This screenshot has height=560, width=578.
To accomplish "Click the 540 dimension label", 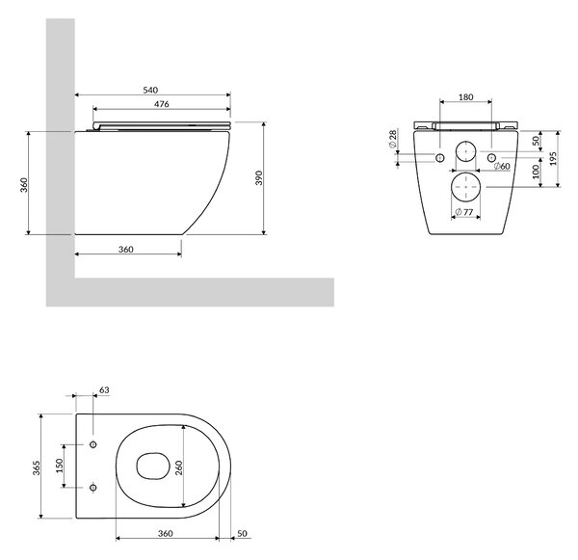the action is tap(150, 90).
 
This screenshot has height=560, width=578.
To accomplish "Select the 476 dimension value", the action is tap(162, 104).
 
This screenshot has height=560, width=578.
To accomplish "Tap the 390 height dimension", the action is tap(259, 177).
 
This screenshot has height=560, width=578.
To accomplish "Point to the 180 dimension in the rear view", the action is tap(466, 97).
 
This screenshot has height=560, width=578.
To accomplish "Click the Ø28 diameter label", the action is tap(393, 139).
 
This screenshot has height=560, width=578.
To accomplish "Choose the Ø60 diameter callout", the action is tap(502, 167).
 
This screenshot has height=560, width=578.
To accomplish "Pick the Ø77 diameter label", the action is tap(464, 212).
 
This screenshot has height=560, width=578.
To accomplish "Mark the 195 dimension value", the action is tap(553, 159).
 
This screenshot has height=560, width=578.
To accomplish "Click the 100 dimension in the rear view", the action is tap(536, 172).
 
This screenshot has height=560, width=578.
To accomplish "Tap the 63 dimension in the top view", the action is tap(104, 390).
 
